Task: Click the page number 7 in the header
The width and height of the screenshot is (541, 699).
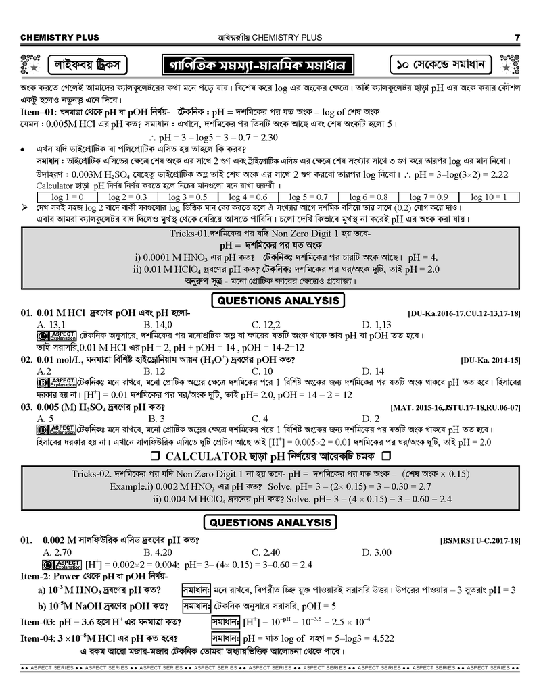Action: pyautogui.click(x=517, y=37)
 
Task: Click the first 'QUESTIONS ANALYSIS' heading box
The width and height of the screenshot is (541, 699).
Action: pyautogui.click(x=278, y=301)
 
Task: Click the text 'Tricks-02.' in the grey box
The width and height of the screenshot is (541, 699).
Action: pyautogui.click(x=93, y=474)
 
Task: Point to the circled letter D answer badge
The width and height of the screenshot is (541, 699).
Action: pyautogui.click(x=42, y=429)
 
